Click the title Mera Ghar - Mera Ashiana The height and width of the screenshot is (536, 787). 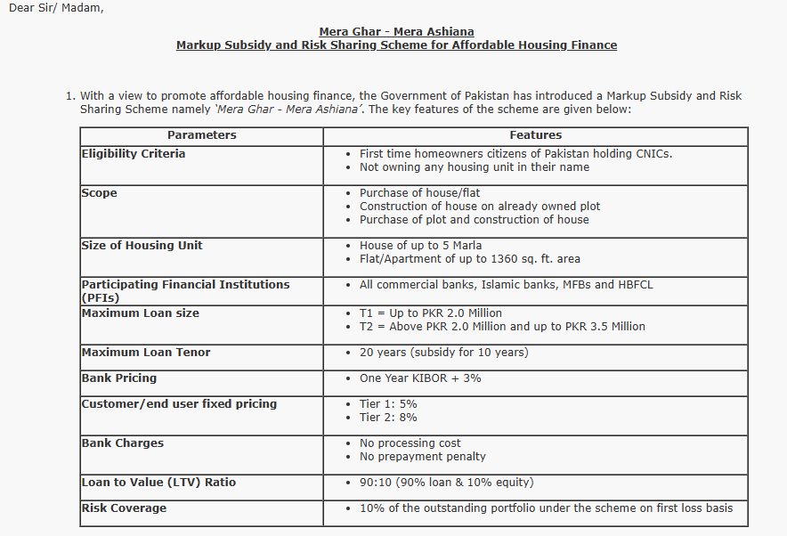click(396, 32)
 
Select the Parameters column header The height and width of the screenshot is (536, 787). click(202, 135)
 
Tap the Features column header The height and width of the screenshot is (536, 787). click(535, 135)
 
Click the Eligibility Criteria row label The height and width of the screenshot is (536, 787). click(134, 154)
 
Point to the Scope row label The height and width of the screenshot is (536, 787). click(99, 193)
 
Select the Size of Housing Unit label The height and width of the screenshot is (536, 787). click(142, 246)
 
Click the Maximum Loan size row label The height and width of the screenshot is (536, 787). click(141, 313)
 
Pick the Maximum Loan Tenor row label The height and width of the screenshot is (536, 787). click(146, 353)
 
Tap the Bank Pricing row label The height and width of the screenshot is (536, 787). click(119, 378)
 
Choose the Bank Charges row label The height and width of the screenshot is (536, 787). click(123, 443)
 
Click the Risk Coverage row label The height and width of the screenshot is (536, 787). click(124, 508)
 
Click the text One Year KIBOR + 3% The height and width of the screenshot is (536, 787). click(420, 378)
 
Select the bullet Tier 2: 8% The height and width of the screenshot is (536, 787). click(388, 418)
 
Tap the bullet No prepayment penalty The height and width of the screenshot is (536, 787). click(422, 457)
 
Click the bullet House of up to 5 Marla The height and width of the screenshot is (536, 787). click(420, 246)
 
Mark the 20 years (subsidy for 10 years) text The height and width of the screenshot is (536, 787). click(443, 353)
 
